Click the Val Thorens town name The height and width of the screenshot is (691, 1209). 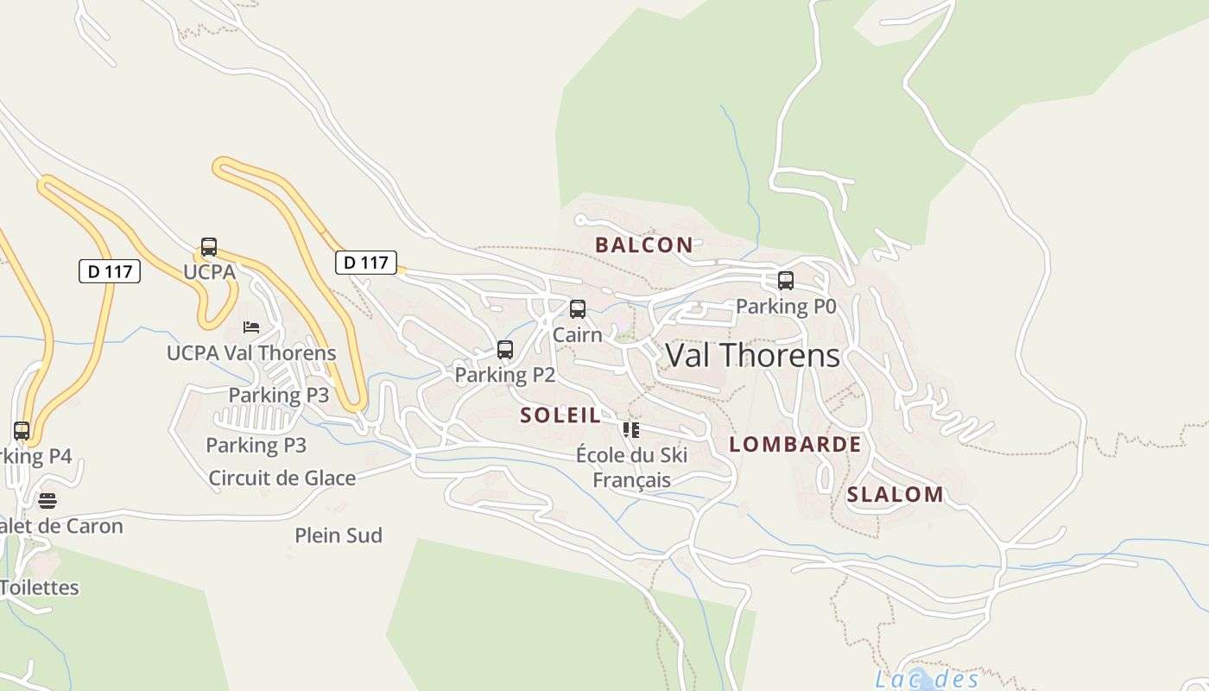pos(752,355)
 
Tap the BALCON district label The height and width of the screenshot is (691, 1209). pos(643,244)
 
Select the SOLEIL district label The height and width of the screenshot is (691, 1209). pos(560,415)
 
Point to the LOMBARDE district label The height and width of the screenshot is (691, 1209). pos(794,444)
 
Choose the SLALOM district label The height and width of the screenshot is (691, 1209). pos(895,494)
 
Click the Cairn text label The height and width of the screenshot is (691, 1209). pos(577,334)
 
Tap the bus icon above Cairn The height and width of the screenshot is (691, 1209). pos(578,309)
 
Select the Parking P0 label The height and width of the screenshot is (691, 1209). pos(786,306)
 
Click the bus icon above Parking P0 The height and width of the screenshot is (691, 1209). pos(786,281)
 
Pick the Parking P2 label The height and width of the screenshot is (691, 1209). pos(504,375)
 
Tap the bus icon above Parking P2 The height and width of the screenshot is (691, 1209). pos(505,350)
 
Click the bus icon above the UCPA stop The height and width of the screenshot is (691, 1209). pos(209,247)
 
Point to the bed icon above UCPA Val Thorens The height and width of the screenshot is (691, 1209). pos(251,327)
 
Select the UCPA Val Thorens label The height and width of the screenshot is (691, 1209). pos(251,352)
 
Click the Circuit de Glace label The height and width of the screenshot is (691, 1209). pos(282,478)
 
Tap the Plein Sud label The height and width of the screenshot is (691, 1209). pos(339,535)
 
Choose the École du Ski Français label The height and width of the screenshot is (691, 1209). pos(631,467)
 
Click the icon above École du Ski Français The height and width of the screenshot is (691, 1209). pos(631,429)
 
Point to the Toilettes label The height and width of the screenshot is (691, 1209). pos(39,587)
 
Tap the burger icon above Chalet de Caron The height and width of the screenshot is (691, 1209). pos(47,501)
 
